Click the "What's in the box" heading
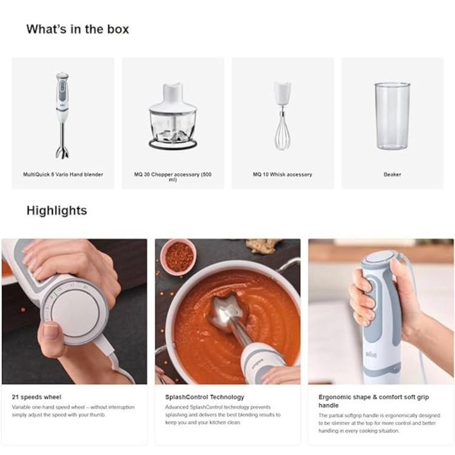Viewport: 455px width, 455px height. pos(78,29)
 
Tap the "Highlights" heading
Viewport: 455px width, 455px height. pos(57,211)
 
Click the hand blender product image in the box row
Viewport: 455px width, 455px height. pos(62,115)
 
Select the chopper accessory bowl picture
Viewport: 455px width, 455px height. pos(173,116)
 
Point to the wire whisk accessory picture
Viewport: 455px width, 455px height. pos(282,115)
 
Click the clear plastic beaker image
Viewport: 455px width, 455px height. pos(393,116)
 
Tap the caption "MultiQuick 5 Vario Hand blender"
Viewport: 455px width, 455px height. pos(63,174)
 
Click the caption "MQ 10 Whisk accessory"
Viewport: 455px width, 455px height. pos(282,174)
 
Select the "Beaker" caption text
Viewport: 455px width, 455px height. pos(393,174)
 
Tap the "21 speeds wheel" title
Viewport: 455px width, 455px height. pos(36,397)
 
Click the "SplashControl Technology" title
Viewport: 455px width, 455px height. pos(204,397)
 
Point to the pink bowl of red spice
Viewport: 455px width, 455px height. pos(178,256)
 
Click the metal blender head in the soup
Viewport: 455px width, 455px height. pos(226,312)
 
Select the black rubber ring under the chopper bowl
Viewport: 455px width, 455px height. pos(173,144)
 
